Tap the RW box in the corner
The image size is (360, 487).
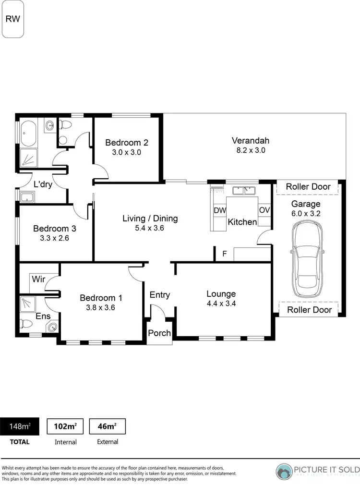pos(13,19)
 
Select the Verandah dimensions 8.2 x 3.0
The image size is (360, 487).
pos(250,150)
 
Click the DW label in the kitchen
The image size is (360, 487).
pos(219,210)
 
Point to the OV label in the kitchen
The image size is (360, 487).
pos(264,210)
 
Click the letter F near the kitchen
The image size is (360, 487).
pos(224,254)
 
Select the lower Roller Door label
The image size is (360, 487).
pos(309,310)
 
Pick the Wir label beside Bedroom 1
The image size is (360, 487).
pos(38,279)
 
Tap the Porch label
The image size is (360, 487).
pos(159,333)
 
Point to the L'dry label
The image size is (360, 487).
pos(43,183)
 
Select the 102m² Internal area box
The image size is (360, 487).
pos(65,426)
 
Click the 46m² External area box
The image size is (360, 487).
pos(108,426)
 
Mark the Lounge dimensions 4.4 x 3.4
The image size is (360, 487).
pos(221,303)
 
